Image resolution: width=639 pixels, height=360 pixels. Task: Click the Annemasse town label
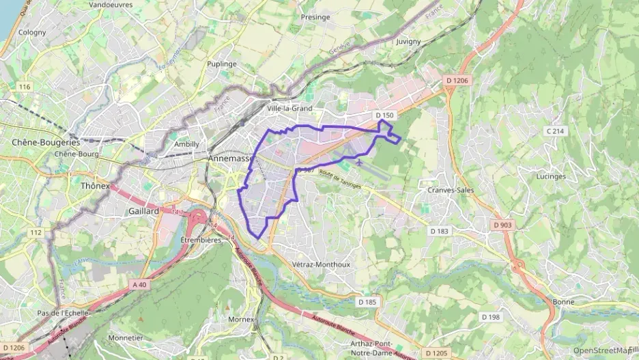(x=230, y=158)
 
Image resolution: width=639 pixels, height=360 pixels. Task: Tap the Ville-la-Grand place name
(x=289, y=108)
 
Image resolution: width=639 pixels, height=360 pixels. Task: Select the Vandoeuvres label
(x=111, y=4)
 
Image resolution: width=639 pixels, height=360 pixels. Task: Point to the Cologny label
(x=32, y=32)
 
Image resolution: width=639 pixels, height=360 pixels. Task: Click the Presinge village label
(x=315, y=17)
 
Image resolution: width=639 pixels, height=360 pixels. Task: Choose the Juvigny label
(x=408, y=41)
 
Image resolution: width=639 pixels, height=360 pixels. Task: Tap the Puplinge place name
(x=222, y=64)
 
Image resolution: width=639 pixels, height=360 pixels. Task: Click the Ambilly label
(x=187, y=144)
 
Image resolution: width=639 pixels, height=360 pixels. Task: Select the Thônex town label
(x=95, y=186)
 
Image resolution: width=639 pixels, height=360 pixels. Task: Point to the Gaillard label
(x=143, y=212)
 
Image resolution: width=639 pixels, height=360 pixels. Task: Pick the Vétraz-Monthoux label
(x=321, y=264)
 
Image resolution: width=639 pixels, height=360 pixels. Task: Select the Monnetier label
(x=126, y=337)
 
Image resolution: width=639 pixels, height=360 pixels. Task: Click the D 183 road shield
(x=440, y=231)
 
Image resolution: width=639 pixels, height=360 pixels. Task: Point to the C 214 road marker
(x=555, y=130)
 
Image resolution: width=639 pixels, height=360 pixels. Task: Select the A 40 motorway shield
(x=140, y=284)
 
